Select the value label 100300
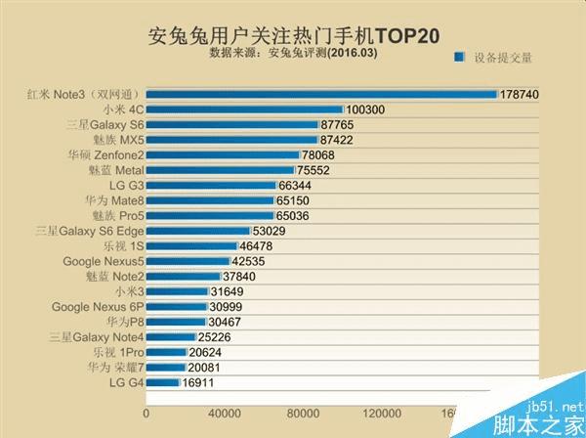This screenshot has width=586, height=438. click(x=366, y=110)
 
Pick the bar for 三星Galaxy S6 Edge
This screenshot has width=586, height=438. click(x=198, y=231)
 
